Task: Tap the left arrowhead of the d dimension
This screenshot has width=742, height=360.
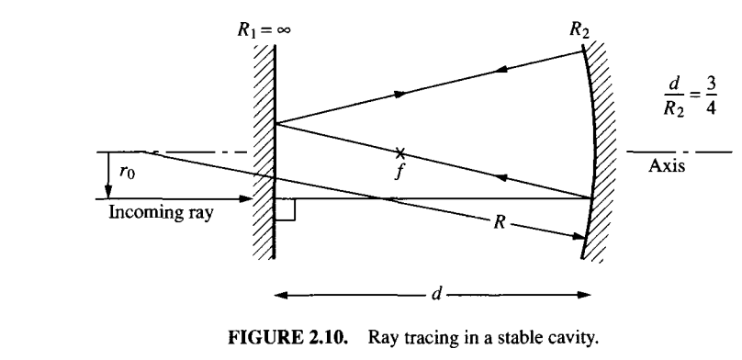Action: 279,296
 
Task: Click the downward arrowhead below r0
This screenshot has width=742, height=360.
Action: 108,192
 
